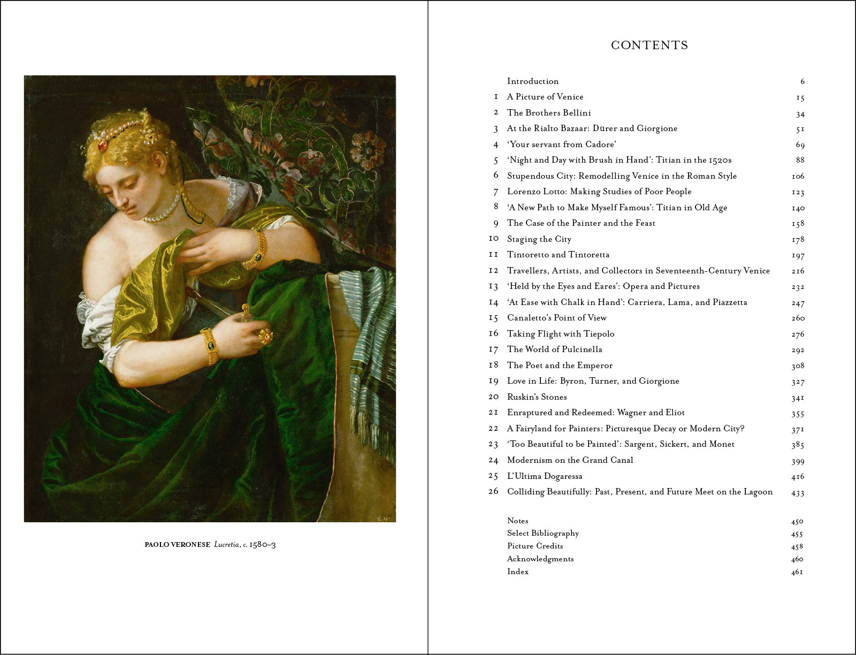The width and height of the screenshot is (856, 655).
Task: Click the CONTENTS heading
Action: click(649, 45)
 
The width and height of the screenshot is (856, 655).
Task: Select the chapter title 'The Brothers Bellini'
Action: click(549, 113)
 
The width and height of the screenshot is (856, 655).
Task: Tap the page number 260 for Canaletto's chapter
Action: click(798, 318)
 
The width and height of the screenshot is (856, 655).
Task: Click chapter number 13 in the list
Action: click(493, 286)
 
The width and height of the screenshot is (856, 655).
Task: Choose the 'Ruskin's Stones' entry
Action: click(537, 397)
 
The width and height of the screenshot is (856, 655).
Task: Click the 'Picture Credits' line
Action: click(535, 546)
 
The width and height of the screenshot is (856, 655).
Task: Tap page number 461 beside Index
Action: click(797, 572)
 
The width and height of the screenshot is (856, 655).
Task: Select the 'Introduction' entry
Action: click(533, 81)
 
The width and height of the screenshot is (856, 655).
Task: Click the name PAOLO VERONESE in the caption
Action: click(177, 545)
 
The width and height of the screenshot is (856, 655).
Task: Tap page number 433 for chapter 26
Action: click(798, 493)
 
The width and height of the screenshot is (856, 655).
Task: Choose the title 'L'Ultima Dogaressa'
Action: click(545, 476)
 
